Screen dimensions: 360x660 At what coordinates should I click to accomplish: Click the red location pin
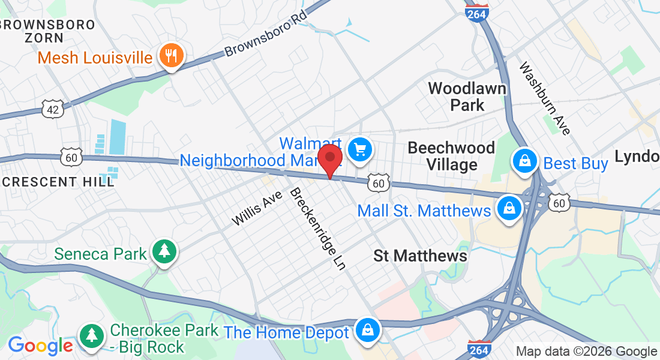click(x=329, y=160)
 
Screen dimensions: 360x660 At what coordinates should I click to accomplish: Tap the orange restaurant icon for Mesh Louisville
click(x=172, y=56)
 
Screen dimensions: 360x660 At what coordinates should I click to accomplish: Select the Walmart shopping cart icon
click(x=360, y=149)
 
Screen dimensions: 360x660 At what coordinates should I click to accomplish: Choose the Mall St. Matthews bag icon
click(x=509, y=209)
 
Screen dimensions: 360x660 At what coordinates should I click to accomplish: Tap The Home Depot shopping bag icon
click(x=366, y=330)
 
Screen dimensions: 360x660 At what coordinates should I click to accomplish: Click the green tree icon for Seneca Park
click(x=163, y=252)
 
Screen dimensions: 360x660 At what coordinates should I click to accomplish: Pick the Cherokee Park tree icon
click(x=91, y=334)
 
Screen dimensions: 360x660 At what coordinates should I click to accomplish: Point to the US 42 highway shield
click(x=52, y=108)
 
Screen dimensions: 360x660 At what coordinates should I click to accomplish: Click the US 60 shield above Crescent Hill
click(x=71, y=157)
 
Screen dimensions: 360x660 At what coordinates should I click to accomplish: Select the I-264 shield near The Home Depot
click(x=480, y=349)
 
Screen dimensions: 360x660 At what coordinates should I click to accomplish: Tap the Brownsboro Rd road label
click(x=265, y=34)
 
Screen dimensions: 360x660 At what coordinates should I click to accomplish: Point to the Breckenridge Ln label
click(x=317, y=229)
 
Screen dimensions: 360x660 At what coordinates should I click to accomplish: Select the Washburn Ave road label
click(x=545, y=98)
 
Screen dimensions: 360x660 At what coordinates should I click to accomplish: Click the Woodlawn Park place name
click(x=467, y=97)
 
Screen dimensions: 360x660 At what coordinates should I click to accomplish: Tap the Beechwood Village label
click(x=451, y=156)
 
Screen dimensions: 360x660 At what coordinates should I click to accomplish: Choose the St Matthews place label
click(x=420, y=256)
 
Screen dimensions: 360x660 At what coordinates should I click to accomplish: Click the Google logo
click(x=40, y=346)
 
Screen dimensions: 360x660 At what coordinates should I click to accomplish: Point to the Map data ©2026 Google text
click(x=586, y=352)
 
